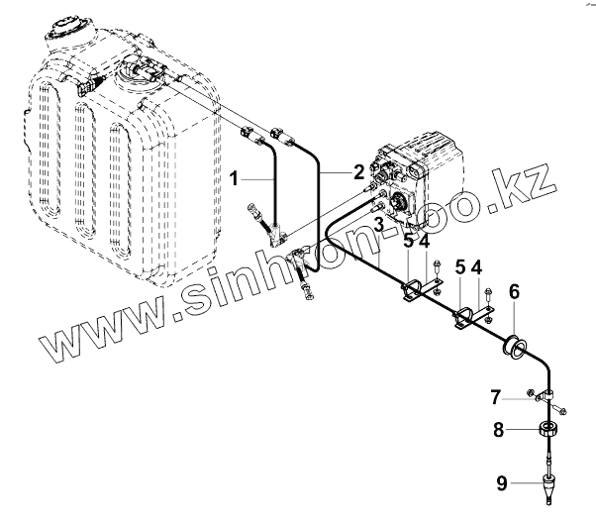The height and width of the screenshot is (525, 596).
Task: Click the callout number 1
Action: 234,179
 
